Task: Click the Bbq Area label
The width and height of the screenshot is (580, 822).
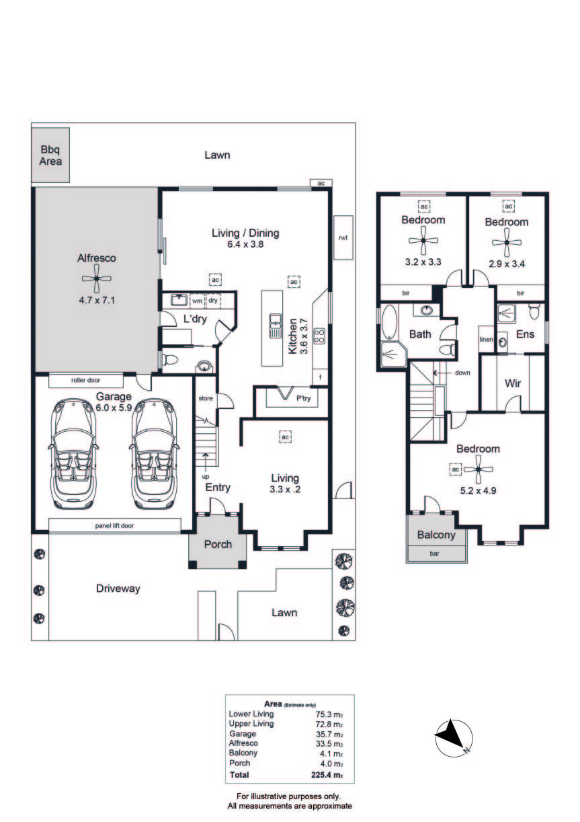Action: tap(50, 155)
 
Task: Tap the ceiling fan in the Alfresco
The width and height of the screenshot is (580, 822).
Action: tap(96, 279)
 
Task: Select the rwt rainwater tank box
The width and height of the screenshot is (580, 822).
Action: tap(343, 238)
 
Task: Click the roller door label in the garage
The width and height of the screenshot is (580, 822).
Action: tap(85, 380)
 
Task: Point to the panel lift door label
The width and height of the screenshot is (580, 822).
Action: tap(114, 526)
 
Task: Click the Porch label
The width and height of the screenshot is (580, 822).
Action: tap(218, 544)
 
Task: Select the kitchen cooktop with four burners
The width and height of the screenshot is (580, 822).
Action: tap(319, 336)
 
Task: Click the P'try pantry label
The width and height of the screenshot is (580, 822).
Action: tap(304, 398)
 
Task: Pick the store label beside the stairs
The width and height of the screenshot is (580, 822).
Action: tap(206, 398)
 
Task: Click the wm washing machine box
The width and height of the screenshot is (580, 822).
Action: tap(197, 301)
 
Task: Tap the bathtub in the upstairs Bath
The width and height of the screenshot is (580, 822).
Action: tap(389, 322)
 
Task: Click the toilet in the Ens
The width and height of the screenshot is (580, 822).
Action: tap(534, 312)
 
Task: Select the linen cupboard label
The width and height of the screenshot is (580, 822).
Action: tap(487, 340)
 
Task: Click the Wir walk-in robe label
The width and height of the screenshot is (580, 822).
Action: tap(513, 383)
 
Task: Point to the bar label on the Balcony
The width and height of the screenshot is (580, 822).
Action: tap(434, 554)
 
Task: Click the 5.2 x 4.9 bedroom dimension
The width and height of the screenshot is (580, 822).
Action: tap(478, 490)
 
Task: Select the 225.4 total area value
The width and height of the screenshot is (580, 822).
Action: tap(327, 775)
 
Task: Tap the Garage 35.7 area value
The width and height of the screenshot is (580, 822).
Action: tap(329, 734)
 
